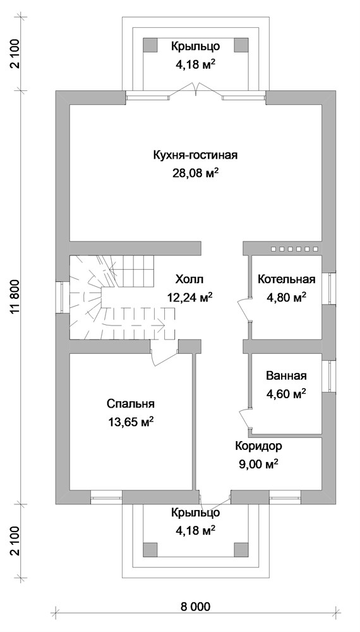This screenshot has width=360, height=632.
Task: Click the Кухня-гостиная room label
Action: point(195,155)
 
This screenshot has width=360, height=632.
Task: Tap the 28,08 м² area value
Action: point(195,173)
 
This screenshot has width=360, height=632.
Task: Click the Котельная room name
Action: point(286,280)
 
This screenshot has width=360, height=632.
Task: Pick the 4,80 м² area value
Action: point(286,296)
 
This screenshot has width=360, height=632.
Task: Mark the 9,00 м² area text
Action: point(259,464)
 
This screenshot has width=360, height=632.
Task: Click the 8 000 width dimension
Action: point(195,607)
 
